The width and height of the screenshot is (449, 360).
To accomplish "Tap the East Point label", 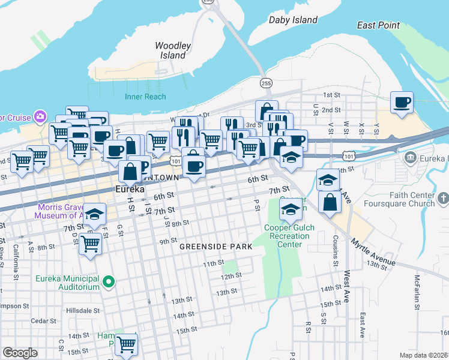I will tap(378, 25).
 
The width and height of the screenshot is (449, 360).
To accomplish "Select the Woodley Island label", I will tap(173, 50).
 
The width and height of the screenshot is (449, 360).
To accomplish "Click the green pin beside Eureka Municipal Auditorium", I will tap(109, 281).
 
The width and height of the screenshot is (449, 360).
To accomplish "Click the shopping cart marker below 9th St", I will tap(90, 243).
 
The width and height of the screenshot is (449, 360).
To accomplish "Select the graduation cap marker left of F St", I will tap(94, 214).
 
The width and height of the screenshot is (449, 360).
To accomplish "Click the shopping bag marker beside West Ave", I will tap(330, 202).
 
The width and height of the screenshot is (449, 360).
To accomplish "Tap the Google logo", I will tap(20, 352).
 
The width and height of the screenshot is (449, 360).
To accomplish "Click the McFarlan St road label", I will tap(415, 292).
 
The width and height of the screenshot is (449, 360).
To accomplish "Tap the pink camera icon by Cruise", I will tap(40, 115).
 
